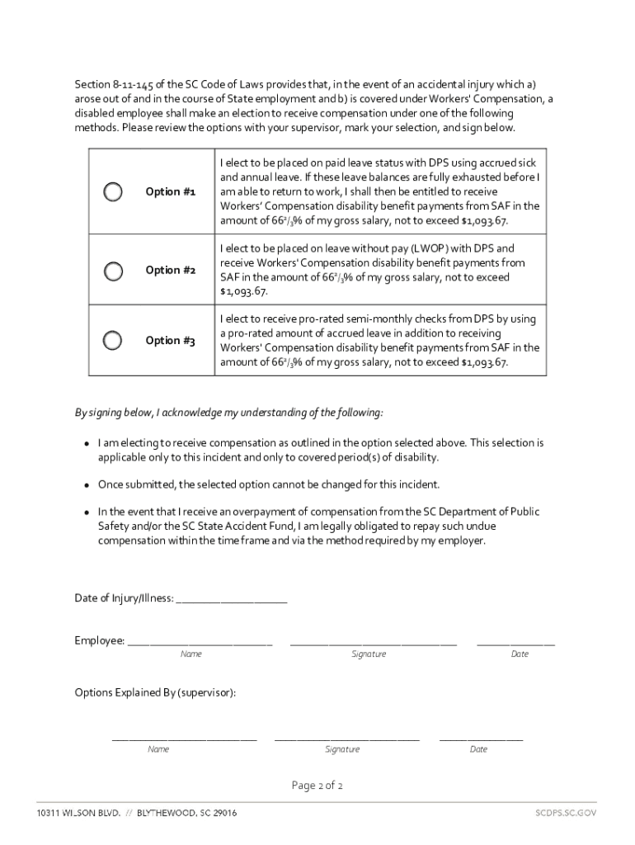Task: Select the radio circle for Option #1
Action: [113, 191]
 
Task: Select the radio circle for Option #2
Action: [113, 271]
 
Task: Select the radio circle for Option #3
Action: [113, 340]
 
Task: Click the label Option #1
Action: [170, 191]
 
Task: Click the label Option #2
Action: [170, 271]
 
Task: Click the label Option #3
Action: [170, 340]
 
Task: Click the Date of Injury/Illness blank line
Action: [231, 600]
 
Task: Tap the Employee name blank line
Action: [200, 642]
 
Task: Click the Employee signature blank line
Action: [373, 642]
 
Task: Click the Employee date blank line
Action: [515, 642]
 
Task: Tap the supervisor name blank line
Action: [184, 738]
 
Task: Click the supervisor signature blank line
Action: [346, 738]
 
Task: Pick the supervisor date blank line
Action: [481, 738]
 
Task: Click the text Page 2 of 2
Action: [317, 786]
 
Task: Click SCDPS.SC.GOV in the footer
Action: [565, 813]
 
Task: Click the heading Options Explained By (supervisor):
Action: [155, 692]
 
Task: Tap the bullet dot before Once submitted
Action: [86, 484]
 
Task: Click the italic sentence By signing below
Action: [228, 412]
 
